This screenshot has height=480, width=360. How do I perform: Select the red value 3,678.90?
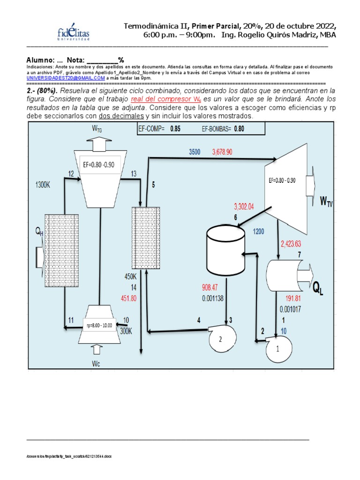229,152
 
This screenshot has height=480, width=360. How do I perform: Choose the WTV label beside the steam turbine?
326,202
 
